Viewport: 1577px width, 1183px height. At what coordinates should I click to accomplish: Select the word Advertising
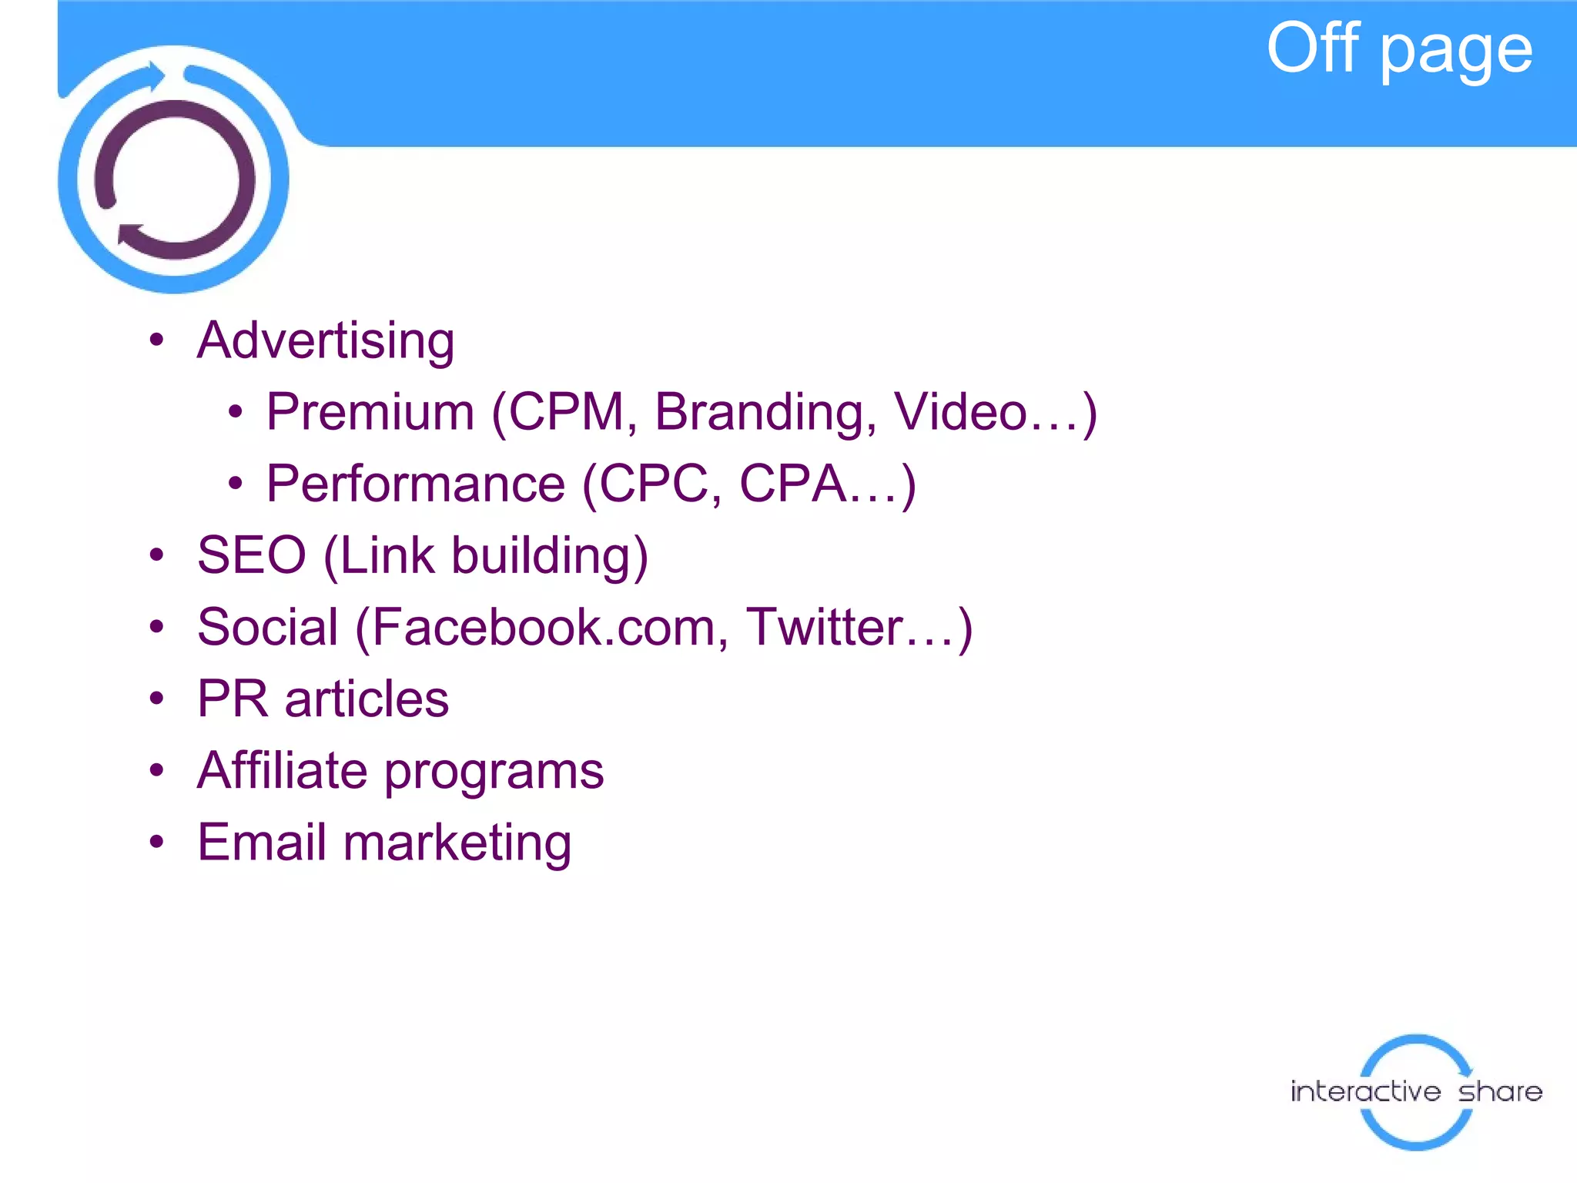(x=326, y=340)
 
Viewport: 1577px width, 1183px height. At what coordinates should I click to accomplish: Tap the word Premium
(x=370, y=412)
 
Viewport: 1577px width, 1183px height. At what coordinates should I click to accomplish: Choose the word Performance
(x=416, y=484)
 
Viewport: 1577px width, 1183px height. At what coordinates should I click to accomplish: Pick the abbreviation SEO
(x=252, y=555)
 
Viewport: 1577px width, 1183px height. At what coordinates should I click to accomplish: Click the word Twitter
(x=824, y=627)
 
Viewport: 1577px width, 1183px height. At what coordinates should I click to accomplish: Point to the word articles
(x=367, y=699)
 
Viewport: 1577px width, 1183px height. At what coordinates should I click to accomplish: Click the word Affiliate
(x=282, y=770)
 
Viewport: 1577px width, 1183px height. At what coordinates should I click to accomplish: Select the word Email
(x=262, y=842)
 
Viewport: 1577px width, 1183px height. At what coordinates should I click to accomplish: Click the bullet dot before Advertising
(x=157, y=340)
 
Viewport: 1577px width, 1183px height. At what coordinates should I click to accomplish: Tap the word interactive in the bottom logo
(x=1365, y=1091)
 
